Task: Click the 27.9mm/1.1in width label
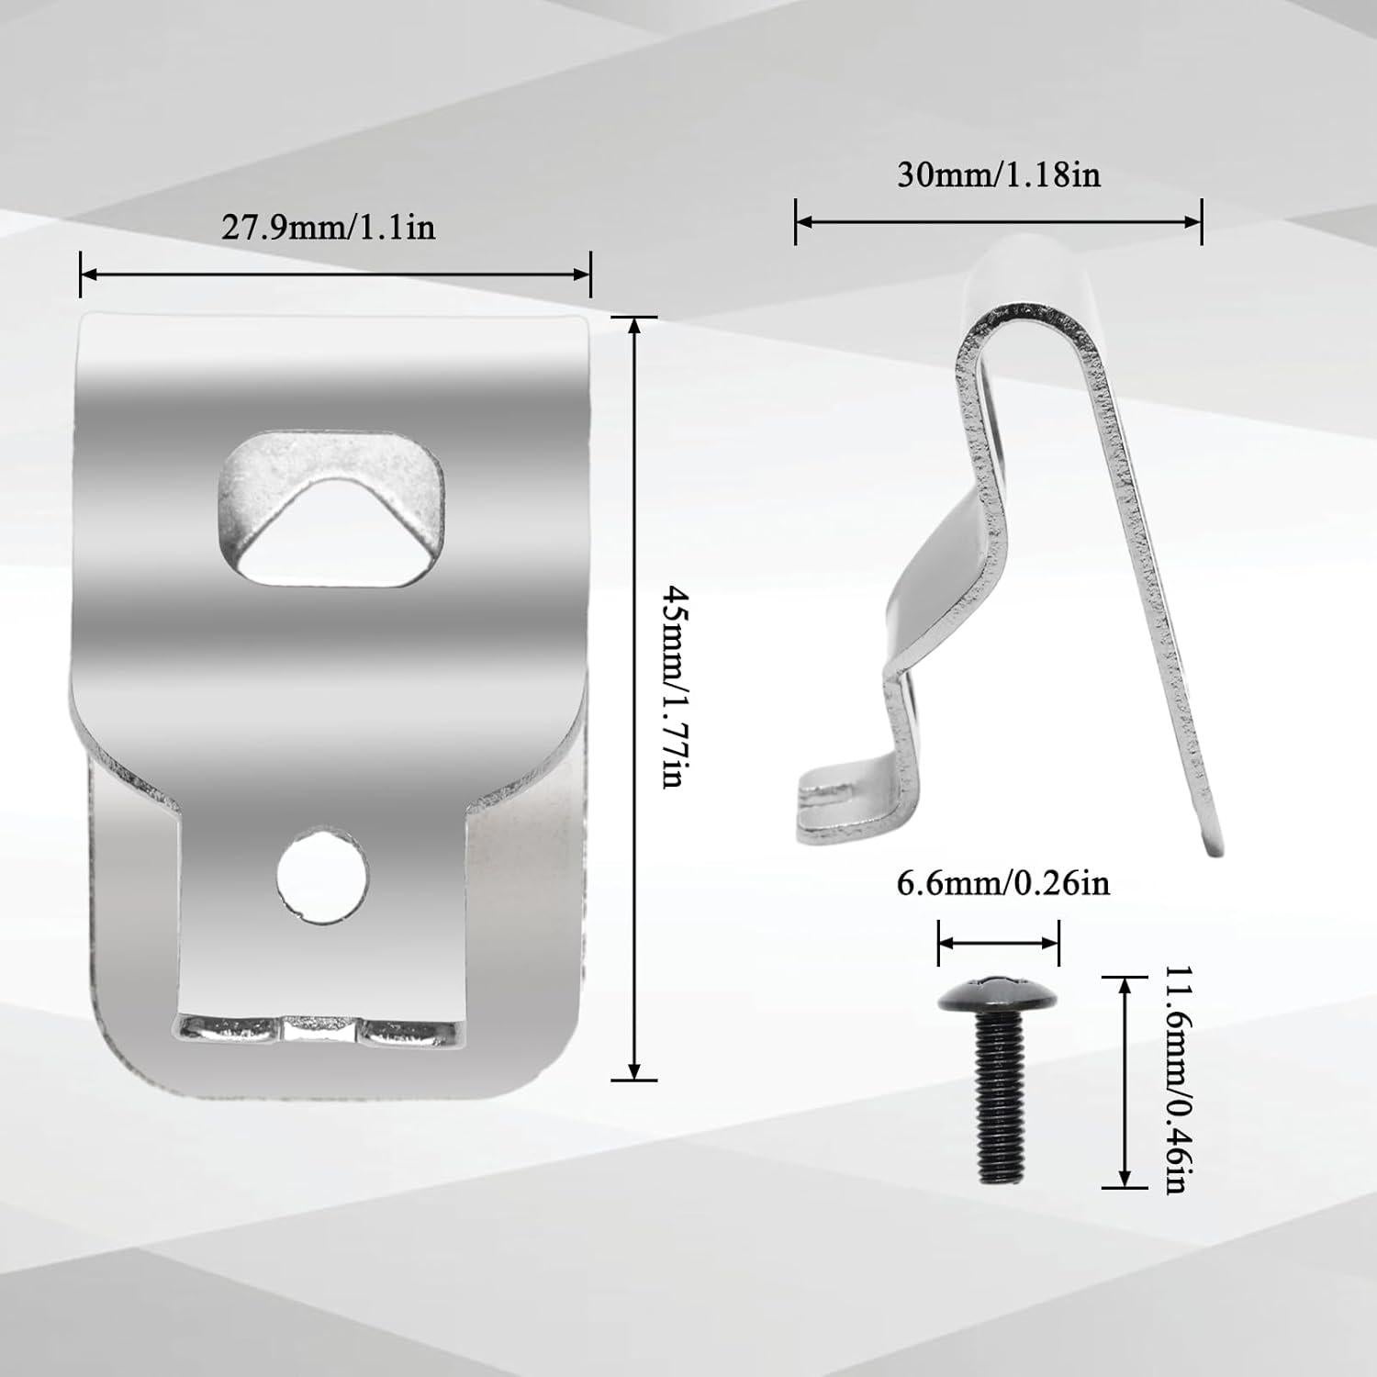[328, 227]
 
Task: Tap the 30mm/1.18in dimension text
[998, 174]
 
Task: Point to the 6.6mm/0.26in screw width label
[1002, 882]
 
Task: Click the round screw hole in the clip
[323, 875]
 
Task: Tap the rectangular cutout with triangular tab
[330, 511]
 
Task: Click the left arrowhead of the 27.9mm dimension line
[88, 274]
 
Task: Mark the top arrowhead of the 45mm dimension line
[633, 324]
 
